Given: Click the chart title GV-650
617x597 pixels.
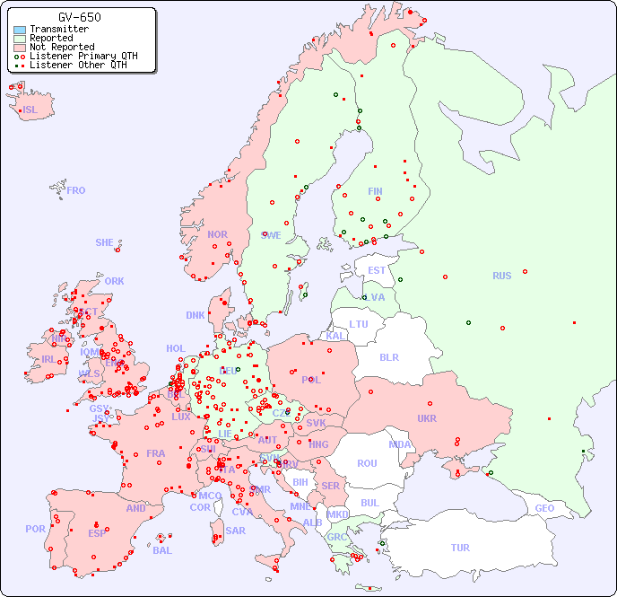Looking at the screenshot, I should (79, 17).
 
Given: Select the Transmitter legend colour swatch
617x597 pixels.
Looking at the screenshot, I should (20, 30).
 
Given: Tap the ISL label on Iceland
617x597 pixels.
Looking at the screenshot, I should (30, 110).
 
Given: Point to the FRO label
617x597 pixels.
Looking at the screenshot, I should (76, 190).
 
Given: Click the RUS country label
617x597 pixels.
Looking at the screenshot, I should (501, 276).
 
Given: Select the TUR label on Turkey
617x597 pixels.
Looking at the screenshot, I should (460, 548).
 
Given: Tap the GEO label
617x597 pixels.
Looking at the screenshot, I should (544, 508).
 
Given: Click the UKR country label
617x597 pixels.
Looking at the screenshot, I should (427, 418).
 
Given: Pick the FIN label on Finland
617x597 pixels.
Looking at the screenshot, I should (375, 191).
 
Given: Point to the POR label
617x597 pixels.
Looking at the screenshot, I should (35, 529).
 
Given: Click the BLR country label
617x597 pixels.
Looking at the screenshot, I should (388, 356).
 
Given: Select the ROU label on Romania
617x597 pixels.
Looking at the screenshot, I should (367, 463).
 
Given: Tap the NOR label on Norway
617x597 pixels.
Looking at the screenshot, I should (217, 234).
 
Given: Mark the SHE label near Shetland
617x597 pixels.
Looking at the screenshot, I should (104, 242).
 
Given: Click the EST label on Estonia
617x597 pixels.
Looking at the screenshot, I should (377, 270).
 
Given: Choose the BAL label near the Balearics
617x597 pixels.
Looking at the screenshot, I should (161, 550).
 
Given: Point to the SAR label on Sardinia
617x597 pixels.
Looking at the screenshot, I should (235, 531).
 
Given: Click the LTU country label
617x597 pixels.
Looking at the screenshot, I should (359, 324).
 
